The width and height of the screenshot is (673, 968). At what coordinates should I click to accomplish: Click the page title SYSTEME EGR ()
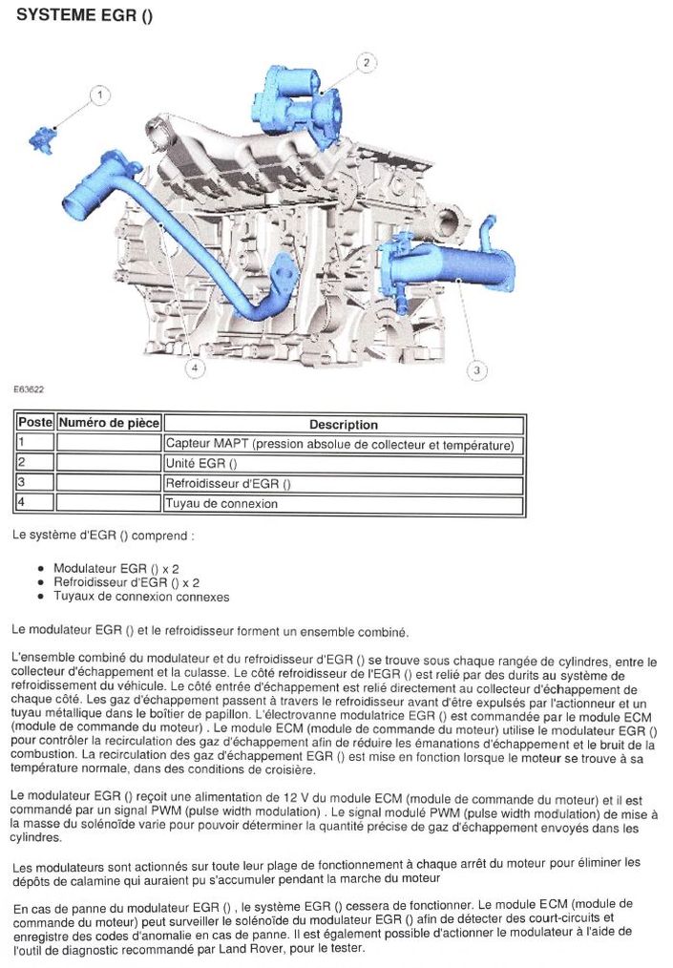point(85,14)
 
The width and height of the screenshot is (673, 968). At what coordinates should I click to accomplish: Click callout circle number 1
point(99,95)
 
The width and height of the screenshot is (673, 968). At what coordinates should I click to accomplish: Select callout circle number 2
point(366,63)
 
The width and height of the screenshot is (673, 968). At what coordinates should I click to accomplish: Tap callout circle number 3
point(476,369)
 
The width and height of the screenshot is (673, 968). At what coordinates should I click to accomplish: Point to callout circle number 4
point(196,368)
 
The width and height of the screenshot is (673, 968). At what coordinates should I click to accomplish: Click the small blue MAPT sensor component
point(43,139)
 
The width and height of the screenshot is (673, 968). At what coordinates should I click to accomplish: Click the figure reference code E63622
point(29,389)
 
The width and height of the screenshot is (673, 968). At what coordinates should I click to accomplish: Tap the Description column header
point(344,425)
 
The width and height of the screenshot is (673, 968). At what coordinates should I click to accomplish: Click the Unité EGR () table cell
point(201,464)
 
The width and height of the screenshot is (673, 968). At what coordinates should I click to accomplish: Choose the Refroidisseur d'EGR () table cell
point(228,484)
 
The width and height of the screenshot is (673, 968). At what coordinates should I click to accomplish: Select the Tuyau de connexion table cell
point(221,503)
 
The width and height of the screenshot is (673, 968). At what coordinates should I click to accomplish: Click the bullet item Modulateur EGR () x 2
point(116,568)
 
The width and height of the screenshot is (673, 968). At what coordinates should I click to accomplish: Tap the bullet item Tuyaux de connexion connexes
point(141,597)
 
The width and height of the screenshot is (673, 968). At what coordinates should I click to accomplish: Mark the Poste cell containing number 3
point(35,483)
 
